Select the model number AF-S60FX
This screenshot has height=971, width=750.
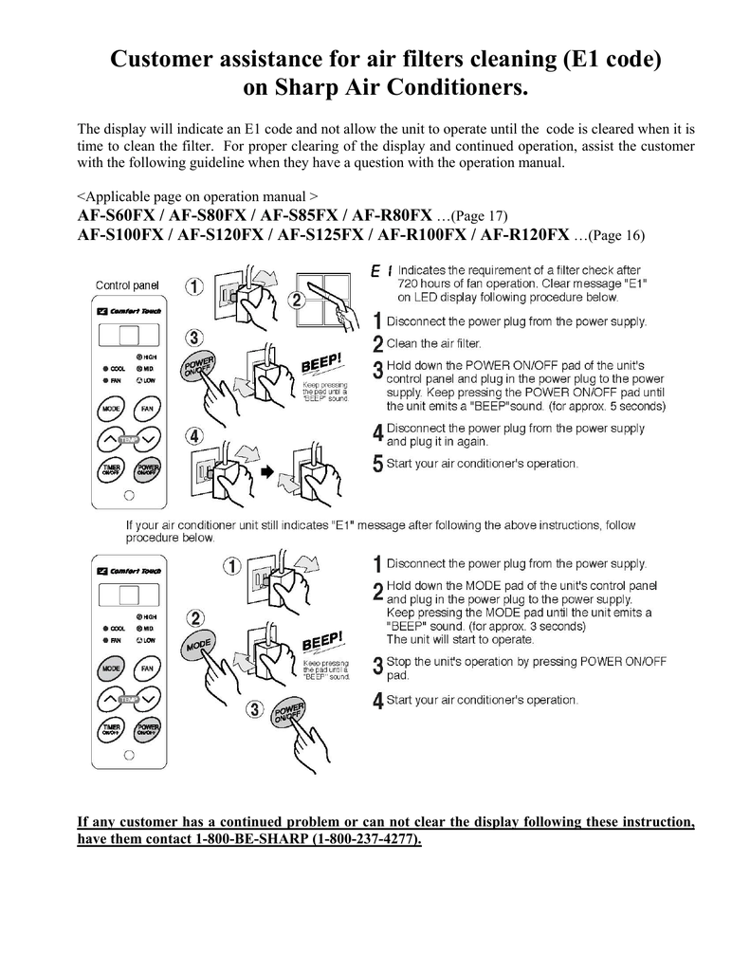119,216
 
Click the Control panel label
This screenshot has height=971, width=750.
126,284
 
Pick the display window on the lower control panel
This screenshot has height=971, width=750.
126,595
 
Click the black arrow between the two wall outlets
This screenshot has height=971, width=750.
267,470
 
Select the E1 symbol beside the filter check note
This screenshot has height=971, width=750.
382,272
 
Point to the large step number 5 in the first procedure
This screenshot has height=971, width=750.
378,465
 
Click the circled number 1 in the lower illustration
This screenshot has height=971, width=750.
230,567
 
